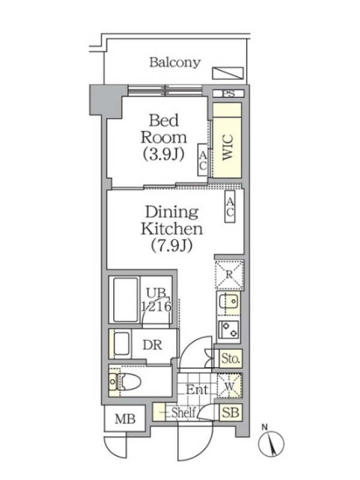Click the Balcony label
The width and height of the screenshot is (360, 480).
175,62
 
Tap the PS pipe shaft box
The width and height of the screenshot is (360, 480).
229,94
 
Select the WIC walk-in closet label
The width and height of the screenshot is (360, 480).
228,147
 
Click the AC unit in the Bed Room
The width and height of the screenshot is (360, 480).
202,160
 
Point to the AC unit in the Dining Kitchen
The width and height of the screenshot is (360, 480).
230,206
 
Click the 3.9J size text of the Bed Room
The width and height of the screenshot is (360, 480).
164,154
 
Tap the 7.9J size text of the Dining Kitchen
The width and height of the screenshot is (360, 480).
172,245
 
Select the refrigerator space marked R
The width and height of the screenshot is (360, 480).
229,275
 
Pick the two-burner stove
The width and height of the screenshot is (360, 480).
229,331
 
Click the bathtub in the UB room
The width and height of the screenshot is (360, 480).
125,299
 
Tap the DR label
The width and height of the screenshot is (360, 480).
152,345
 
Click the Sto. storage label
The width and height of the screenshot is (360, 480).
230,358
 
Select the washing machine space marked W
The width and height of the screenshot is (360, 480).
229,386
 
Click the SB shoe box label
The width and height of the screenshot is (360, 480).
230,412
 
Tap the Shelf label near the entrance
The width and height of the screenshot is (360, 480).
183,413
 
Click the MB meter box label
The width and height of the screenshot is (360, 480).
125,419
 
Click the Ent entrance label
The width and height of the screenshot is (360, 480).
197,390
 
